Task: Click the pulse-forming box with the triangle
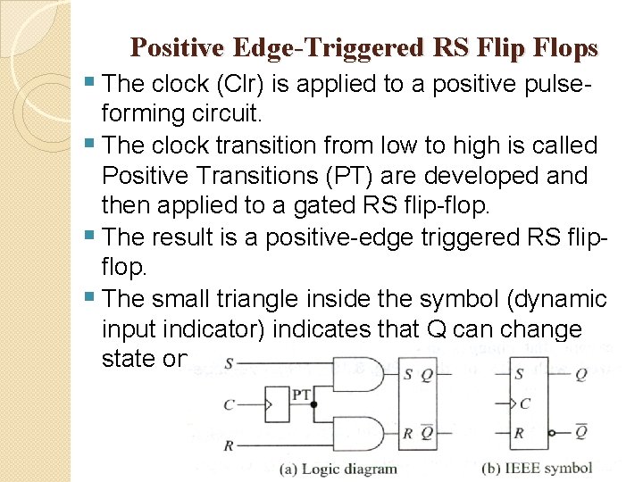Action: point(278,404)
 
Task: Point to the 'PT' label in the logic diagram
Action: point(301,394)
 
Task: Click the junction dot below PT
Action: point(313,404)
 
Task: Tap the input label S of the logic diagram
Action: point(230,363)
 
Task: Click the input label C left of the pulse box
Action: point(230,405)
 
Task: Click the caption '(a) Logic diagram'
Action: point(338,469)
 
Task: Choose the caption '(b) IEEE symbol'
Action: point(537,469)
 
